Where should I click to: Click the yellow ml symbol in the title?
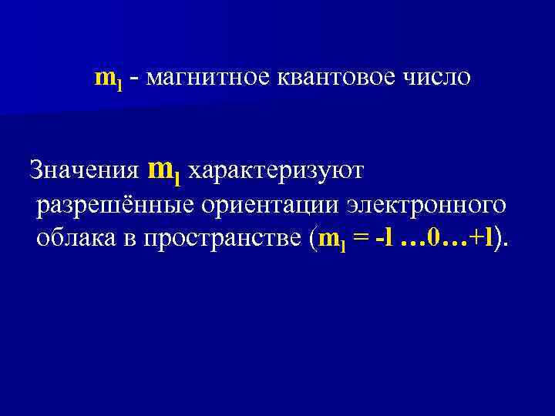[108, 79]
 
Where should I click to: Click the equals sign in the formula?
[359, 240]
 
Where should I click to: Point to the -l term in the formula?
[383, 239]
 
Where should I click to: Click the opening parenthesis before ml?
[311, 240]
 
